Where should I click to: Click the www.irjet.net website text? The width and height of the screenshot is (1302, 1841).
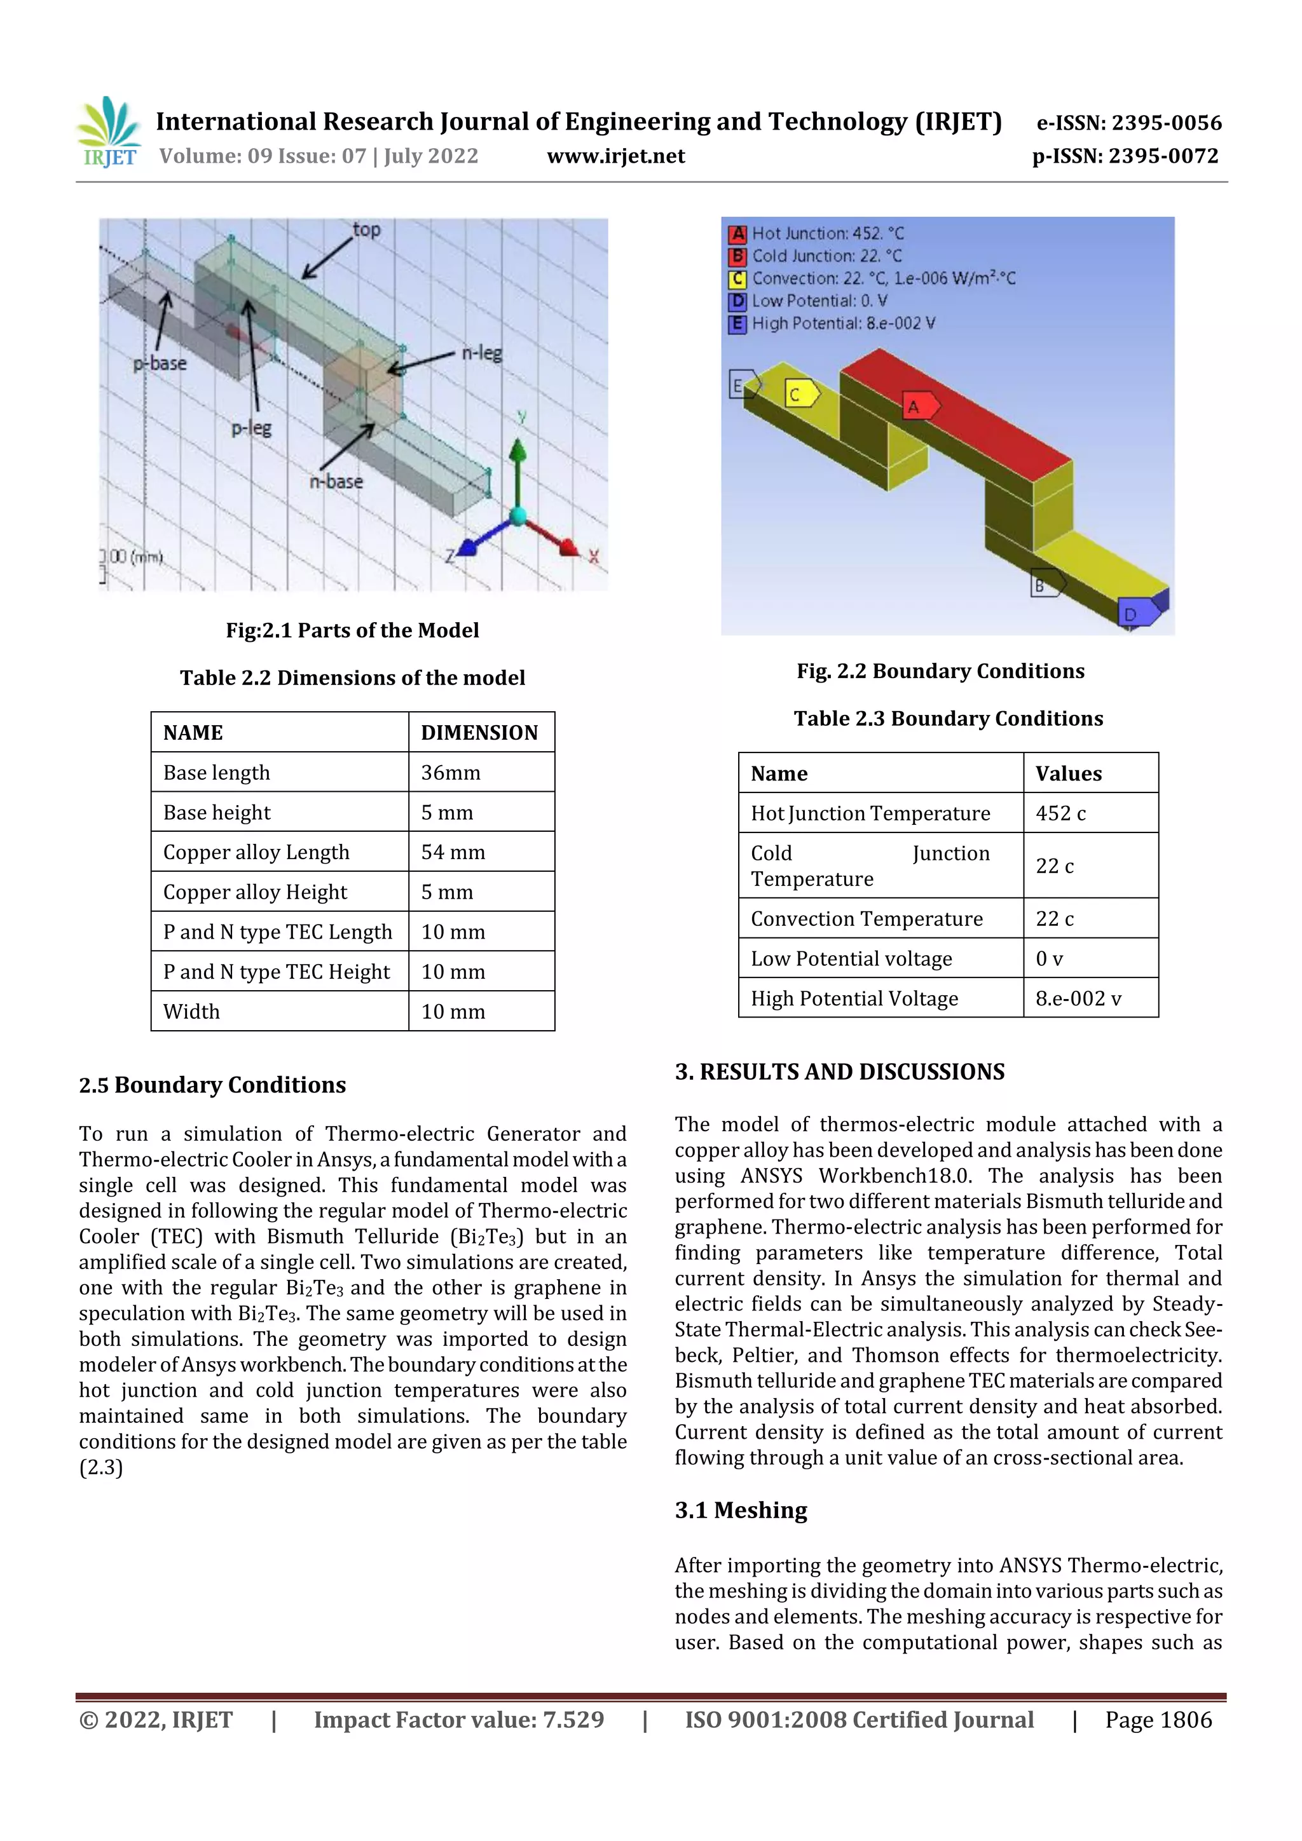[x=615, y=156]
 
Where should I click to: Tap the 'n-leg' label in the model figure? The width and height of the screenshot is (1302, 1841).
[x=482, y=353]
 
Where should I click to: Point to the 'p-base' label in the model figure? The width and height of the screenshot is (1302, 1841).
[x=160, y=363]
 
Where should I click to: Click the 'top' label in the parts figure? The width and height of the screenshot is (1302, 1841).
[x=367, y=230]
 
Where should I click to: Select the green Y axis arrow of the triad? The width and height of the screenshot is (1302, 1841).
[x=518, y=465]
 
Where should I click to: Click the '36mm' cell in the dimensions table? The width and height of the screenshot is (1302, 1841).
[x=451, y=772]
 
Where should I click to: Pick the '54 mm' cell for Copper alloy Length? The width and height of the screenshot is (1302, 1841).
[x=453, y=852]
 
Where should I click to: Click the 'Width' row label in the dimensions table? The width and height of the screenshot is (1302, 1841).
[x=192, y=1011]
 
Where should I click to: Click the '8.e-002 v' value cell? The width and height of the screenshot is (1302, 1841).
[x=1078, y=998]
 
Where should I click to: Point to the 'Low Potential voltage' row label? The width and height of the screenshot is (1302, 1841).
[x=851, y=958]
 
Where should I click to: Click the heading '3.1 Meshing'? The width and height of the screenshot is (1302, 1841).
[x=741, y=1510]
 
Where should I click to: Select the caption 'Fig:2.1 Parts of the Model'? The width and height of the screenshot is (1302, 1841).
[x=352, y=630]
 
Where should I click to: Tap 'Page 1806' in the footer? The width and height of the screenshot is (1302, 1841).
[x=1158, y=1720]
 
